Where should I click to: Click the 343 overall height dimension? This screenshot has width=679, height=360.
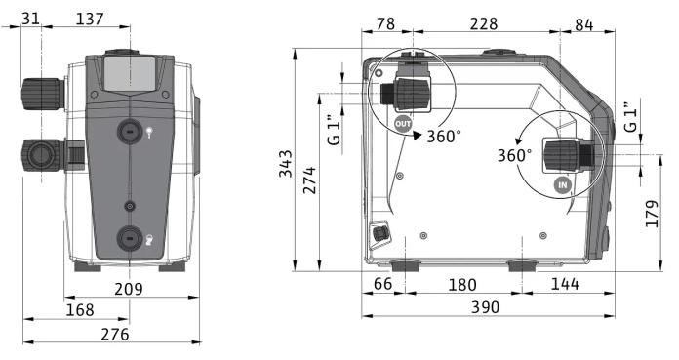point(286,163)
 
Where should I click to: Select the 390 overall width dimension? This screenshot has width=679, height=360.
point(485,307)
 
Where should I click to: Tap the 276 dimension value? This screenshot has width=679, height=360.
point(115,334)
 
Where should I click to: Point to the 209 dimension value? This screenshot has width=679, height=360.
point(129,289)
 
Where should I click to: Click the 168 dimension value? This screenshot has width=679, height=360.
point(80,310)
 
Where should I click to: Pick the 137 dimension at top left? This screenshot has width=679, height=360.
point(90,19)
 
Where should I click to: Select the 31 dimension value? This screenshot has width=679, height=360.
point(30,19)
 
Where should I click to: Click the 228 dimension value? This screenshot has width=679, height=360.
point(484,23)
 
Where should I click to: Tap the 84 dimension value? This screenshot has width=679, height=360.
point(584,25)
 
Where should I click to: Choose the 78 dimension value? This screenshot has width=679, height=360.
point(385,23)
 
